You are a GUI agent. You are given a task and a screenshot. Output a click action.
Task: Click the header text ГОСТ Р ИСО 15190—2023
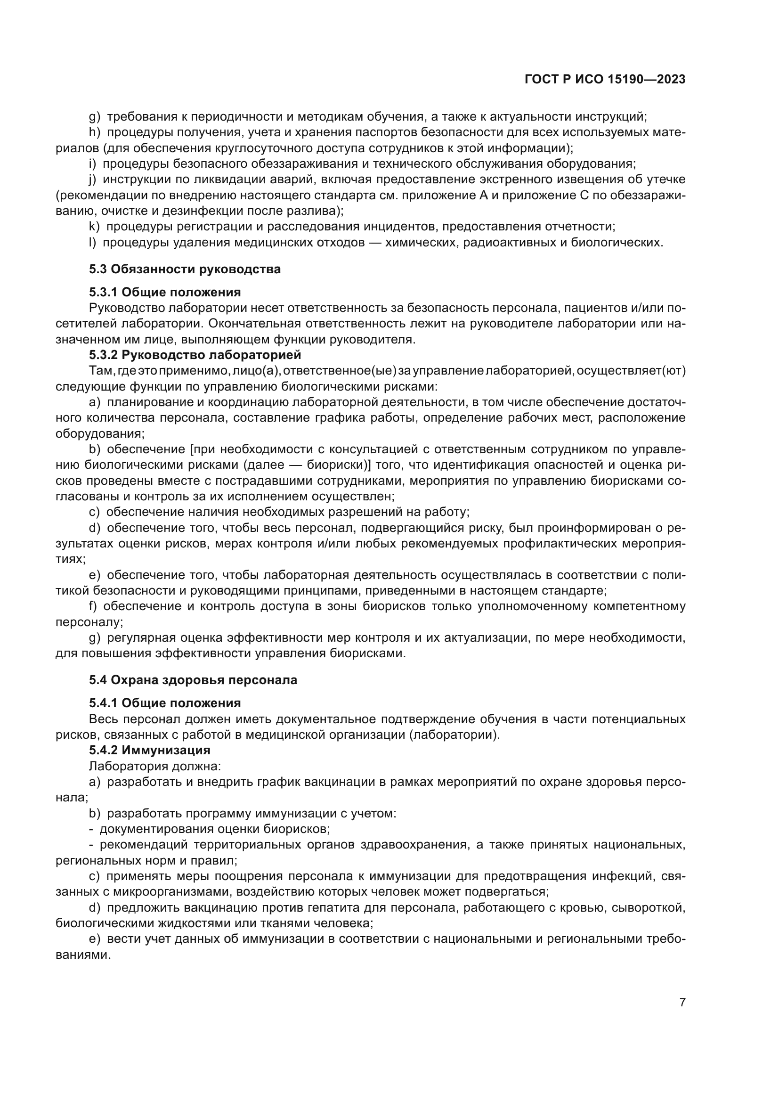[x=605, y=80]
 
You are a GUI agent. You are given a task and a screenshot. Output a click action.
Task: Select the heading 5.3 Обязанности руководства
[x=185, y=269]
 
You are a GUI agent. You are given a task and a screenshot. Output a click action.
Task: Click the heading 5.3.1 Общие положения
[x=164, y=292]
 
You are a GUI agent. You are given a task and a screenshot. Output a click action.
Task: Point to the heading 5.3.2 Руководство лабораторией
[x=195, y=355]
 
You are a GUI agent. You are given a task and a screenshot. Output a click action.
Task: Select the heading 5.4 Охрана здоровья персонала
[x=193, y=680]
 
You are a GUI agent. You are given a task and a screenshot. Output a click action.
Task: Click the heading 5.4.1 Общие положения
[x=164, y=703]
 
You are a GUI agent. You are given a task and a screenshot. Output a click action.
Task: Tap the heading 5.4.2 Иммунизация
[x=149, y=750]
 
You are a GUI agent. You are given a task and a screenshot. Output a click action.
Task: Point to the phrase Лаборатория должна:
[x=155, y=766]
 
